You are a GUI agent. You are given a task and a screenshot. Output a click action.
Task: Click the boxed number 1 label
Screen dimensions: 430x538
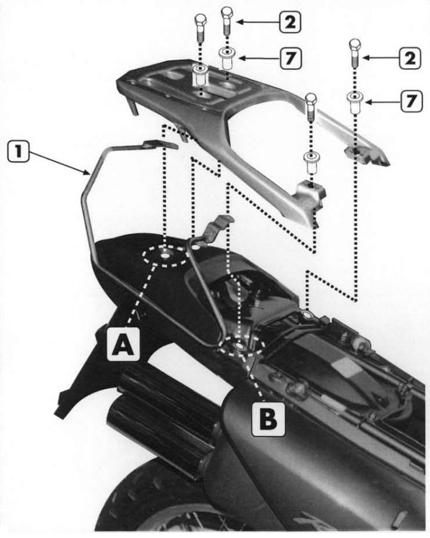point(19,152)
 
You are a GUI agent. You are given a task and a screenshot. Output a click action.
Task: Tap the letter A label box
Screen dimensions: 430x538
point(123,344)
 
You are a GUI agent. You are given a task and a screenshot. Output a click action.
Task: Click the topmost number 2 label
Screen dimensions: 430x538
point(290,22)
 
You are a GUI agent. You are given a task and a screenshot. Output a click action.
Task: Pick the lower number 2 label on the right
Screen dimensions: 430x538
point(410,58)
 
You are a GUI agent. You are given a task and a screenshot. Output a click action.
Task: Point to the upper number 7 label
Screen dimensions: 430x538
point(291,58)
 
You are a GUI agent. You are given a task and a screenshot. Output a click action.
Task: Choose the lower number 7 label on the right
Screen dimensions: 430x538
point(411,101)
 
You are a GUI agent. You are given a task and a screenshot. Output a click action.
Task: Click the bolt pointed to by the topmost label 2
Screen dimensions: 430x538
point(227,20)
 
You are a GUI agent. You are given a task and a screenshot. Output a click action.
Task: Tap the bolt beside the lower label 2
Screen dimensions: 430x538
point(355,53)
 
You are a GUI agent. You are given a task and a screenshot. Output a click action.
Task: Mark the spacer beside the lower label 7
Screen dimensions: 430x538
point(355,102)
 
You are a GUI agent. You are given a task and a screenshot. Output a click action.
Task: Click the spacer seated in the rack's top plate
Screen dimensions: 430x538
point(199,75)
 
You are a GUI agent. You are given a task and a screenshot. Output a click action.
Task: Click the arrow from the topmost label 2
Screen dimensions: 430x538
point(258,22)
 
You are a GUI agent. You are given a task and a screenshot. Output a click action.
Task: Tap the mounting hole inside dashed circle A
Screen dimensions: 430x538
point(165,256)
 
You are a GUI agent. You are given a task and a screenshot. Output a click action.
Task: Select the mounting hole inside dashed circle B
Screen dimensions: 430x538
point(240,346)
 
